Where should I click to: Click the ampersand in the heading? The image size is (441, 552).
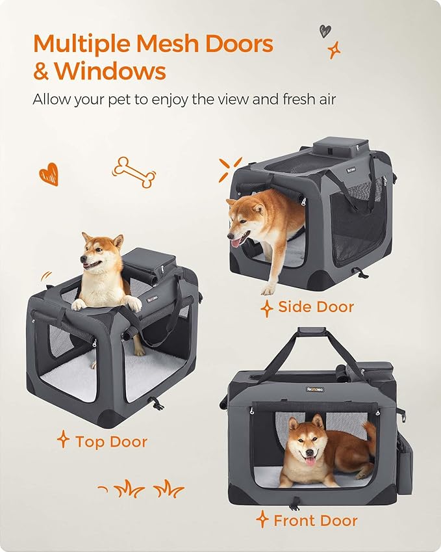[x=41, y=71]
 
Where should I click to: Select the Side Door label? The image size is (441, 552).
[x=316, y=306]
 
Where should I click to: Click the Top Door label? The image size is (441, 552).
[x=111, y=441]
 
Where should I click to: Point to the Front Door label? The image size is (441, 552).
[x=315, y=520]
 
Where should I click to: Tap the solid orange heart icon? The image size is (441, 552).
[x=49, y=174]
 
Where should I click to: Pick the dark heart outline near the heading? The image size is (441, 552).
[x=325, y=30]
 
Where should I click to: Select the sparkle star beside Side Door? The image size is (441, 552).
[x=266, y=308]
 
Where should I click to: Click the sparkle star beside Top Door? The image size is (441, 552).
[x=63, y=440]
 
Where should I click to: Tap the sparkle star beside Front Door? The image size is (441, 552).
[x=262, y=519]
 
